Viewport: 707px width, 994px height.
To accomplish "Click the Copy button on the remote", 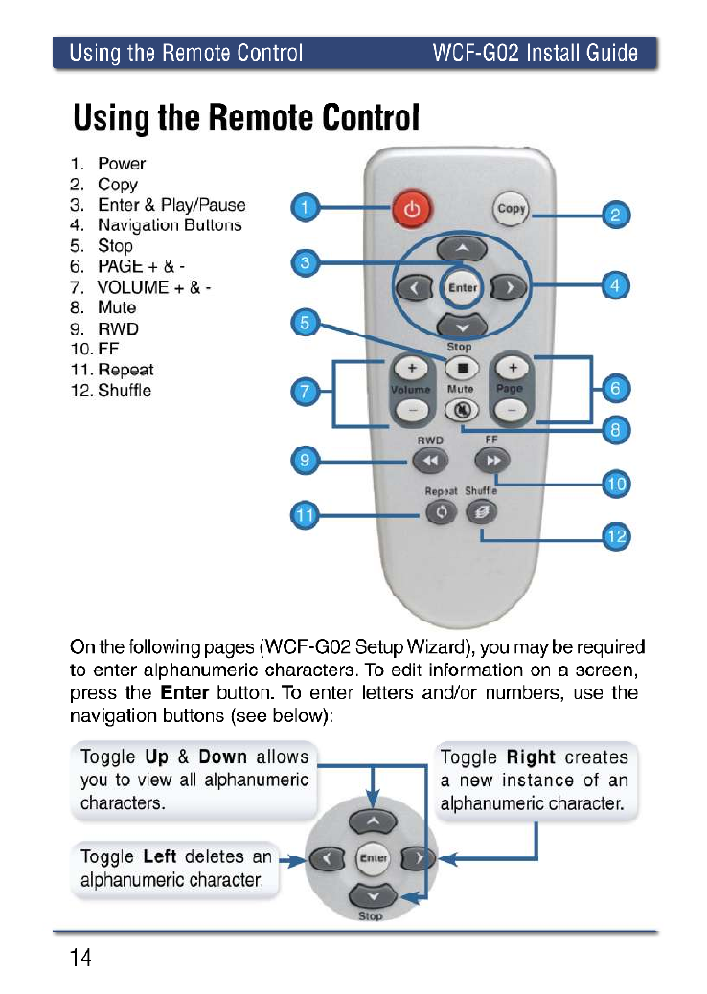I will [x=512, y=209].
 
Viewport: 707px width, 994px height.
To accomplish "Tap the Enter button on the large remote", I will [x=463, y=286].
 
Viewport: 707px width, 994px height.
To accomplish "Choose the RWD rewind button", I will [x=429, y=462].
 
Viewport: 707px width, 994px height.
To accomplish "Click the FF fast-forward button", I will [x=493, y=462].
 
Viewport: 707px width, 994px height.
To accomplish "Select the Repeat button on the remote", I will [x=442, y=512].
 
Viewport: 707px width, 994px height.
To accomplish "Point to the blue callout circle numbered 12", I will [x=616, y=536].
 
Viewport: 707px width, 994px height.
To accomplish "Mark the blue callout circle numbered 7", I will [x=305, y=391].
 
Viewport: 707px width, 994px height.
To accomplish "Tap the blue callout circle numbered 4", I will [x=616, y=285].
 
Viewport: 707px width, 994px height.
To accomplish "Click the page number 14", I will [x=80, y=959].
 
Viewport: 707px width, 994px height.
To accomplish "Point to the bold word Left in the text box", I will [x=160, y=856].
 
